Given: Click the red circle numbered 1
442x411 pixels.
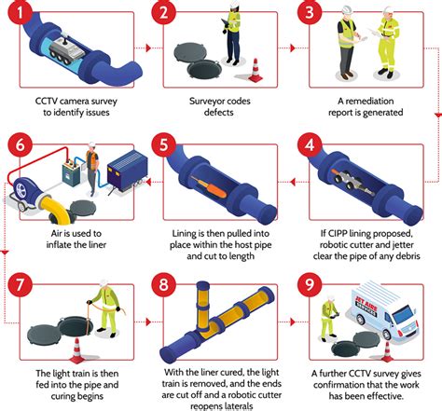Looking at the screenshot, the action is click(21, 13).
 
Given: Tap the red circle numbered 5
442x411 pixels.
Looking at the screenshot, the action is click(164, 145).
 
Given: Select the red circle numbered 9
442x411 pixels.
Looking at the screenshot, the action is click(310, 284).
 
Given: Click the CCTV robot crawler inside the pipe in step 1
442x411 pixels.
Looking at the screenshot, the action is click(66, 49).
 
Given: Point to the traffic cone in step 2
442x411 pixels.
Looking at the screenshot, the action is click(256, 71).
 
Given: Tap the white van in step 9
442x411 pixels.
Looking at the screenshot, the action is click(385, 310).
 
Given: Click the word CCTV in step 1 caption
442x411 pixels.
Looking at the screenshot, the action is click(46, 102).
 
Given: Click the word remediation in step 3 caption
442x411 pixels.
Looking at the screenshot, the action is click(369, 102).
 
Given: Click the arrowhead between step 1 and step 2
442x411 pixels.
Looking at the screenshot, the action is click(148, 48).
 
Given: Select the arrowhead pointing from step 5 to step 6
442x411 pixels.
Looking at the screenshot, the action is click(148, 182).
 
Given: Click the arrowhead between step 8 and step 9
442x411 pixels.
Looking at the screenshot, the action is click(292, 322).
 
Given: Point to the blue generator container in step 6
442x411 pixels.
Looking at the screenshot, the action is click(128, 170).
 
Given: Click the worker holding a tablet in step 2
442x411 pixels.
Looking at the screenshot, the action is click(232, 31).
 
